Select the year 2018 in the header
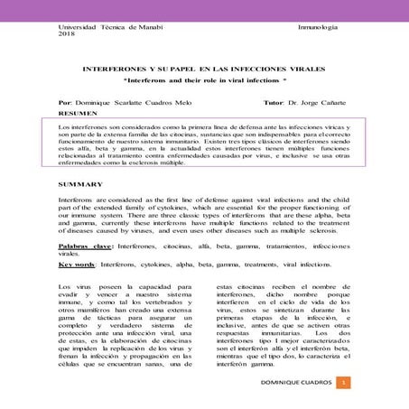click(66, 37)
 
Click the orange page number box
click(344, 384)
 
